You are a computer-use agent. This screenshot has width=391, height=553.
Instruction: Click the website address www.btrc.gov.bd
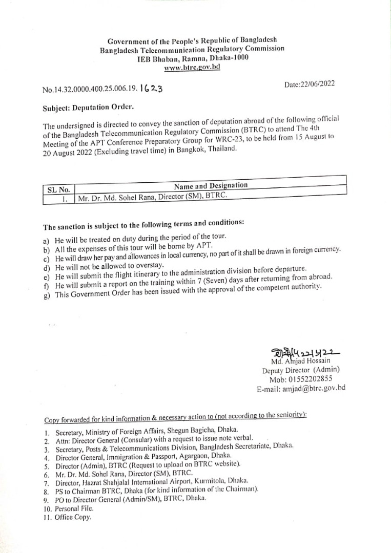click(x=192, y=67)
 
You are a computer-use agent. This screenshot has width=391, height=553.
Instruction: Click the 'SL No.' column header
click(x=58, y=189)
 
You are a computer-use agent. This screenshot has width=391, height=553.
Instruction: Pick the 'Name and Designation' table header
click(x=211, y=185)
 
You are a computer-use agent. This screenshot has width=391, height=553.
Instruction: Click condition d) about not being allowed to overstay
click(x=109, y=266)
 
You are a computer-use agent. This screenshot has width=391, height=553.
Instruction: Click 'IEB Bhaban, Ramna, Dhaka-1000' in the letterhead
click(x=193, y=58)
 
